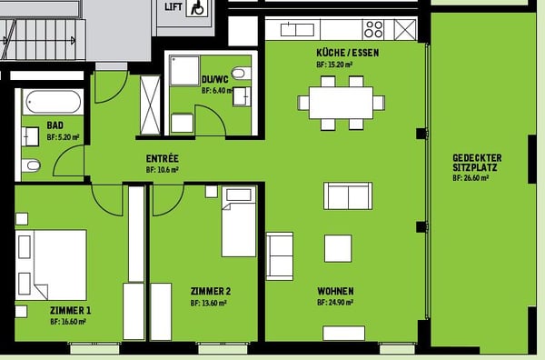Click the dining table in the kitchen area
tap(341, 102)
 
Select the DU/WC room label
tap(213, 78)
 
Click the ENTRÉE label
tap(162, 158)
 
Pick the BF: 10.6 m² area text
tap(162, 169)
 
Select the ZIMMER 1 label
tap(70, 310)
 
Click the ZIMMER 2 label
tap(210, 291)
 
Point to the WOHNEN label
tap(335, 291)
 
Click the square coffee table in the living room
tap(338, 248)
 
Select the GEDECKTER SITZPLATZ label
tap(476, 163)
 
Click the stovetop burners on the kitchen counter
tap(373, 29)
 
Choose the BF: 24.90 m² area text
tap(335, 302)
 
